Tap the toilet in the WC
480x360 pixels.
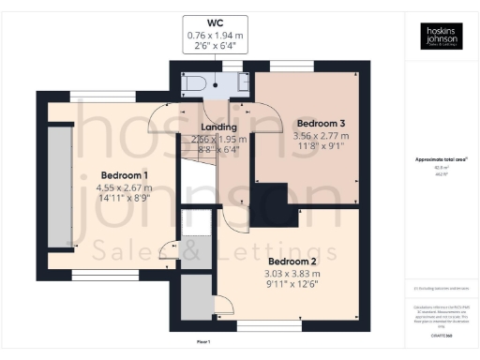point(192,82)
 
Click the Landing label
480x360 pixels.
point(218,127)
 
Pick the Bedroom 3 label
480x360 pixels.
point(322,123)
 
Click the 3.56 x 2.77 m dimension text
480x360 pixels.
point(322,135)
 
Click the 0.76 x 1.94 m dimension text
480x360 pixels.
point(215,35)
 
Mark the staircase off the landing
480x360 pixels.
point(199,178)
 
